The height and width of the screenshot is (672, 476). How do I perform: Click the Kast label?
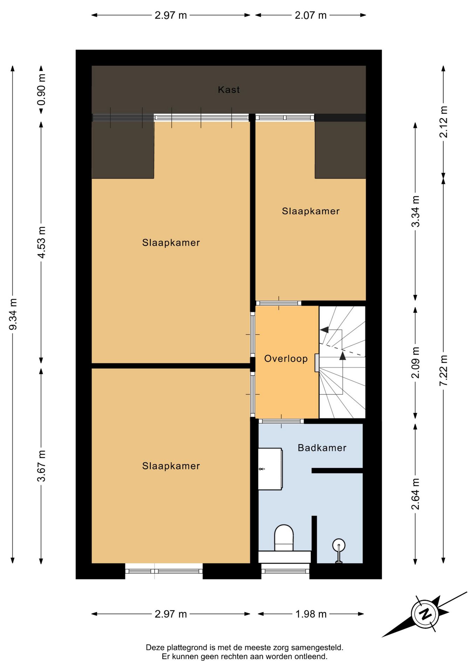tap(229, 90)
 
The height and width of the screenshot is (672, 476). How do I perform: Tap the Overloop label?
tap(286, 358)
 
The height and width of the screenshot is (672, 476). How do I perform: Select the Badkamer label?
tap(322, 448)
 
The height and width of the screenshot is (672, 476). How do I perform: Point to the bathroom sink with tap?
tap(270, 469)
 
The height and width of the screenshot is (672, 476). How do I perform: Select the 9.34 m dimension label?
tap(13, 314)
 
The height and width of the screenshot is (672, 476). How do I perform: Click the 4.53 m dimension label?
tap(42, 243)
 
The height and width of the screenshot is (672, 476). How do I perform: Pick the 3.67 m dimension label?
tap(42, 466)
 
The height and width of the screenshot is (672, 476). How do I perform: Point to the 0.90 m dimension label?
tap(42, 90)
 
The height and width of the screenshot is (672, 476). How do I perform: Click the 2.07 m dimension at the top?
tap(311, 15)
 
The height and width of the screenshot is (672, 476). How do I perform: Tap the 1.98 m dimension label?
tap(311, 614)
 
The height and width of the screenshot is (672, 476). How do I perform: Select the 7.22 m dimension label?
tap(444, 371)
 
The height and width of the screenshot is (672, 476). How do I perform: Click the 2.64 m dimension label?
tap(415, 494)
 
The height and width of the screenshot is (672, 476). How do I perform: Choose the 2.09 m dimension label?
tap(415, 363)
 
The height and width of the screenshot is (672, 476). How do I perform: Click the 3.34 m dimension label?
tap(415, 211)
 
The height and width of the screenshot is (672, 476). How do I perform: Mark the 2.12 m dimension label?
tap(444, 122)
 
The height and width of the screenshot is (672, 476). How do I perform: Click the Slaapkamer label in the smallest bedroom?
tap(311, 211)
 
